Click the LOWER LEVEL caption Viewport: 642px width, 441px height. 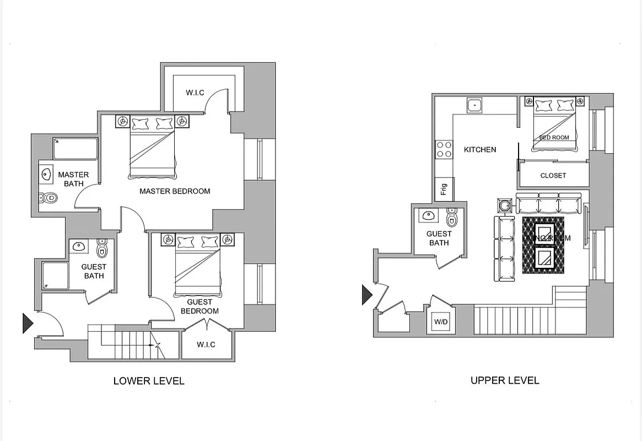pos(149,381)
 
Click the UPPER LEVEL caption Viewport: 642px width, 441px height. pos(505,380)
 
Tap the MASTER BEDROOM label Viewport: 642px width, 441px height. pos(175,191)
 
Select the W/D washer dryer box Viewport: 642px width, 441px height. pos(440,321)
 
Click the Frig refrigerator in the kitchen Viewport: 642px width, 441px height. pos(444,190)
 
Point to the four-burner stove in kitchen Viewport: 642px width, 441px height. pos(444,149)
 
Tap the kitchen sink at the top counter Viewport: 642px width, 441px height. pos(474,105)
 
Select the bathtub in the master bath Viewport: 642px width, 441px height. pos(75,149)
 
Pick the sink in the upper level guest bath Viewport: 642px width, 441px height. pos(428,216)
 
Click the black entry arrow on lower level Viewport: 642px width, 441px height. pos(28,323)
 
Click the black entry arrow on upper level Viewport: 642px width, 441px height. pos(367,294)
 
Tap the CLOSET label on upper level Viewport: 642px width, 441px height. pos(553,175)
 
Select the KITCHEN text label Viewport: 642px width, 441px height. pos(480,149)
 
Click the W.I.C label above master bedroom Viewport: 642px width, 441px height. pos(195,93)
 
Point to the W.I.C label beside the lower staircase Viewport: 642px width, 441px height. pos(206,345)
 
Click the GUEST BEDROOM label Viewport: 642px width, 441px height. pos(199,306)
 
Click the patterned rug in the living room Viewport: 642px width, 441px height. pos(543,245)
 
